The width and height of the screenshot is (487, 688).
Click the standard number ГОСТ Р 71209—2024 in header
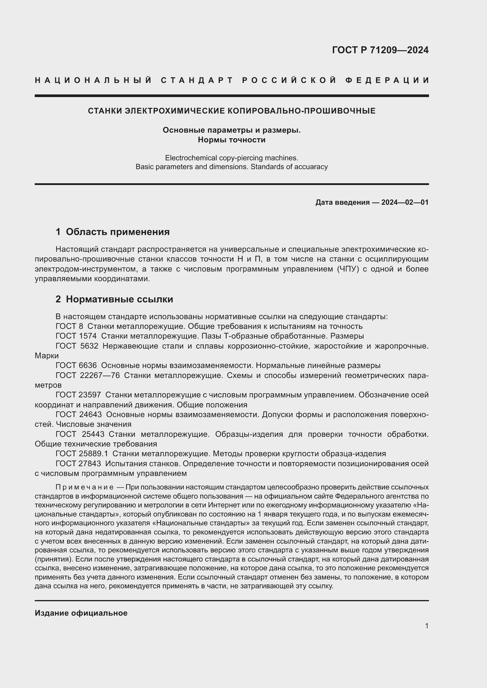[x=380, y=50]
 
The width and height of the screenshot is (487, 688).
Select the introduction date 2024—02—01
[x=405, y=202]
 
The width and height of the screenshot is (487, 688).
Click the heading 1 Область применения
[x=112, y=231]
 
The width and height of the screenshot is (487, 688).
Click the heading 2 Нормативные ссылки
[x=114, y=299]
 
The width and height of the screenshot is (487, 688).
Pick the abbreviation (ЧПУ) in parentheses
[x=348, y=269]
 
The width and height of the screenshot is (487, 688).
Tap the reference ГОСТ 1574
[x=76, y=336]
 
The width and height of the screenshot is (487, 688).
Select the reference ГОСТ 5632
[x=77, y=346]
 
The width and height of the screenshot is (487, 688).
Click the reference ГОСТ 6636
[x=76, y=365]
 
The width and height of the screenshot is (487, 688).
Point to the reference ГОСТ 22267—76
[x=87, y=375]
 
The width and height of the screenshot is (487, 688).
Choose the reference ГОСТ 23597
[x=78, y=395]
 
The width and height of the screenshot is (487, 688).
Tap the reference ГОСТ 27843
[x=78, y=464]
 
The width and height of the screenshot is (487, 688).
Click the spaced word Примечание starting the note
[x=84, y=487]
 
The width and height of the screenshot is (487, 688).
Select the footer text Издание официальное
[x=81, y=613]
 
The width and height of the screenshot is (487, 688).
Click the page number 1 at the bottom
[x=426, y=626]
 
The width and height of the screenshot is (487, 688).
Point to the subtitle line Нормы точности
[x=231, y=140]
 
